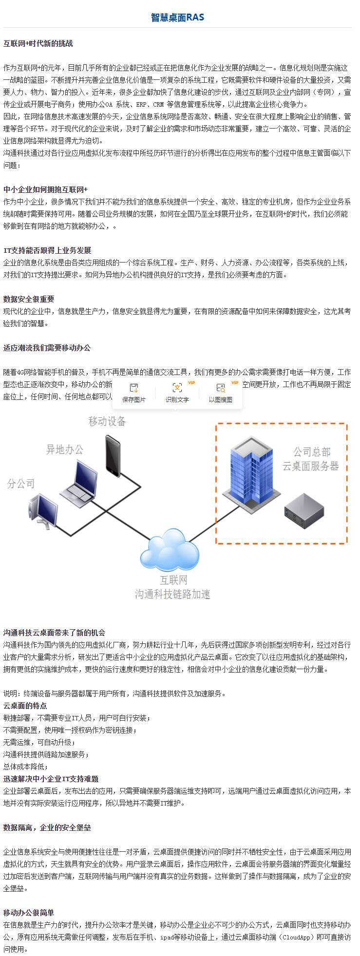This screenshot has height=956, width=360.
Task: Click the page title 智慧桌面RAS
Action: [177, 18]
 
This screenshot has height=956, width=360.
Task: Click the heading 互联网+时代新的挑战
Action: [38, 43]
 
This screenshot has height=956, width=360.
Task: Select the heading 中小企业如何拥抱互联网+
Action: [45, 189]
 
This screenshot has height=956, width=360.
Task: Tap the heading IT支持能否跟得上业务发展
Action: [47, 250]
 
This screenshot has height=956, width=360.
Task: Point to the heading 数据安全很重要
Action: [29, 299]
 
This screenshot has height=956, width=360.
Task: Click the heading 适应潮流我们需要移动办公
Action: [47, 348]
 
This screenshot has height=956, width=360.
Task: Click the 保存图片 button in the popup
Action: [134, 393]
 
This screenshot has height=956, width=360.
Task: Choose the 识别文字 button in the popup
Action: [177, 393]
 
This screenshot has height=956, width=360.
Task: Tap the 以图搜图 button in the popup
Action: [221, 393]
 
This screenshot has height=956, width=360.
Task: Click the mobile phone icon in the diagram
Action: [113, 456]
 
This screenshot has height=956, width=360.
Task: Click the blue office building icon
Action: [251, 473]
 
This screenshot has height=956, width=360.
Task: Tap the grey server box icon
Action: [304, 511]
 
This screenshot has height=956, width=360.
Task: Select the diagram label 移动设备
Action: [107, 421]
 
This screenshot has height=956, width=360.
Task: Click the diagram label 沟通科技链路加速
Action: [172, 594]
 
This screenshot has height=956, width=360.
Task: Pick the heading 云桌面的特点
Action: [25, 706]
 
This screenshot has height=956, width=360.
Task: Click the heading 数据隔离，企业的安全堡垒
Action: [47, 827]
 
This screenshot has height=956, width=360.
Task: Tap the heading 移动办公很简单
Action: [29, 913]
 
